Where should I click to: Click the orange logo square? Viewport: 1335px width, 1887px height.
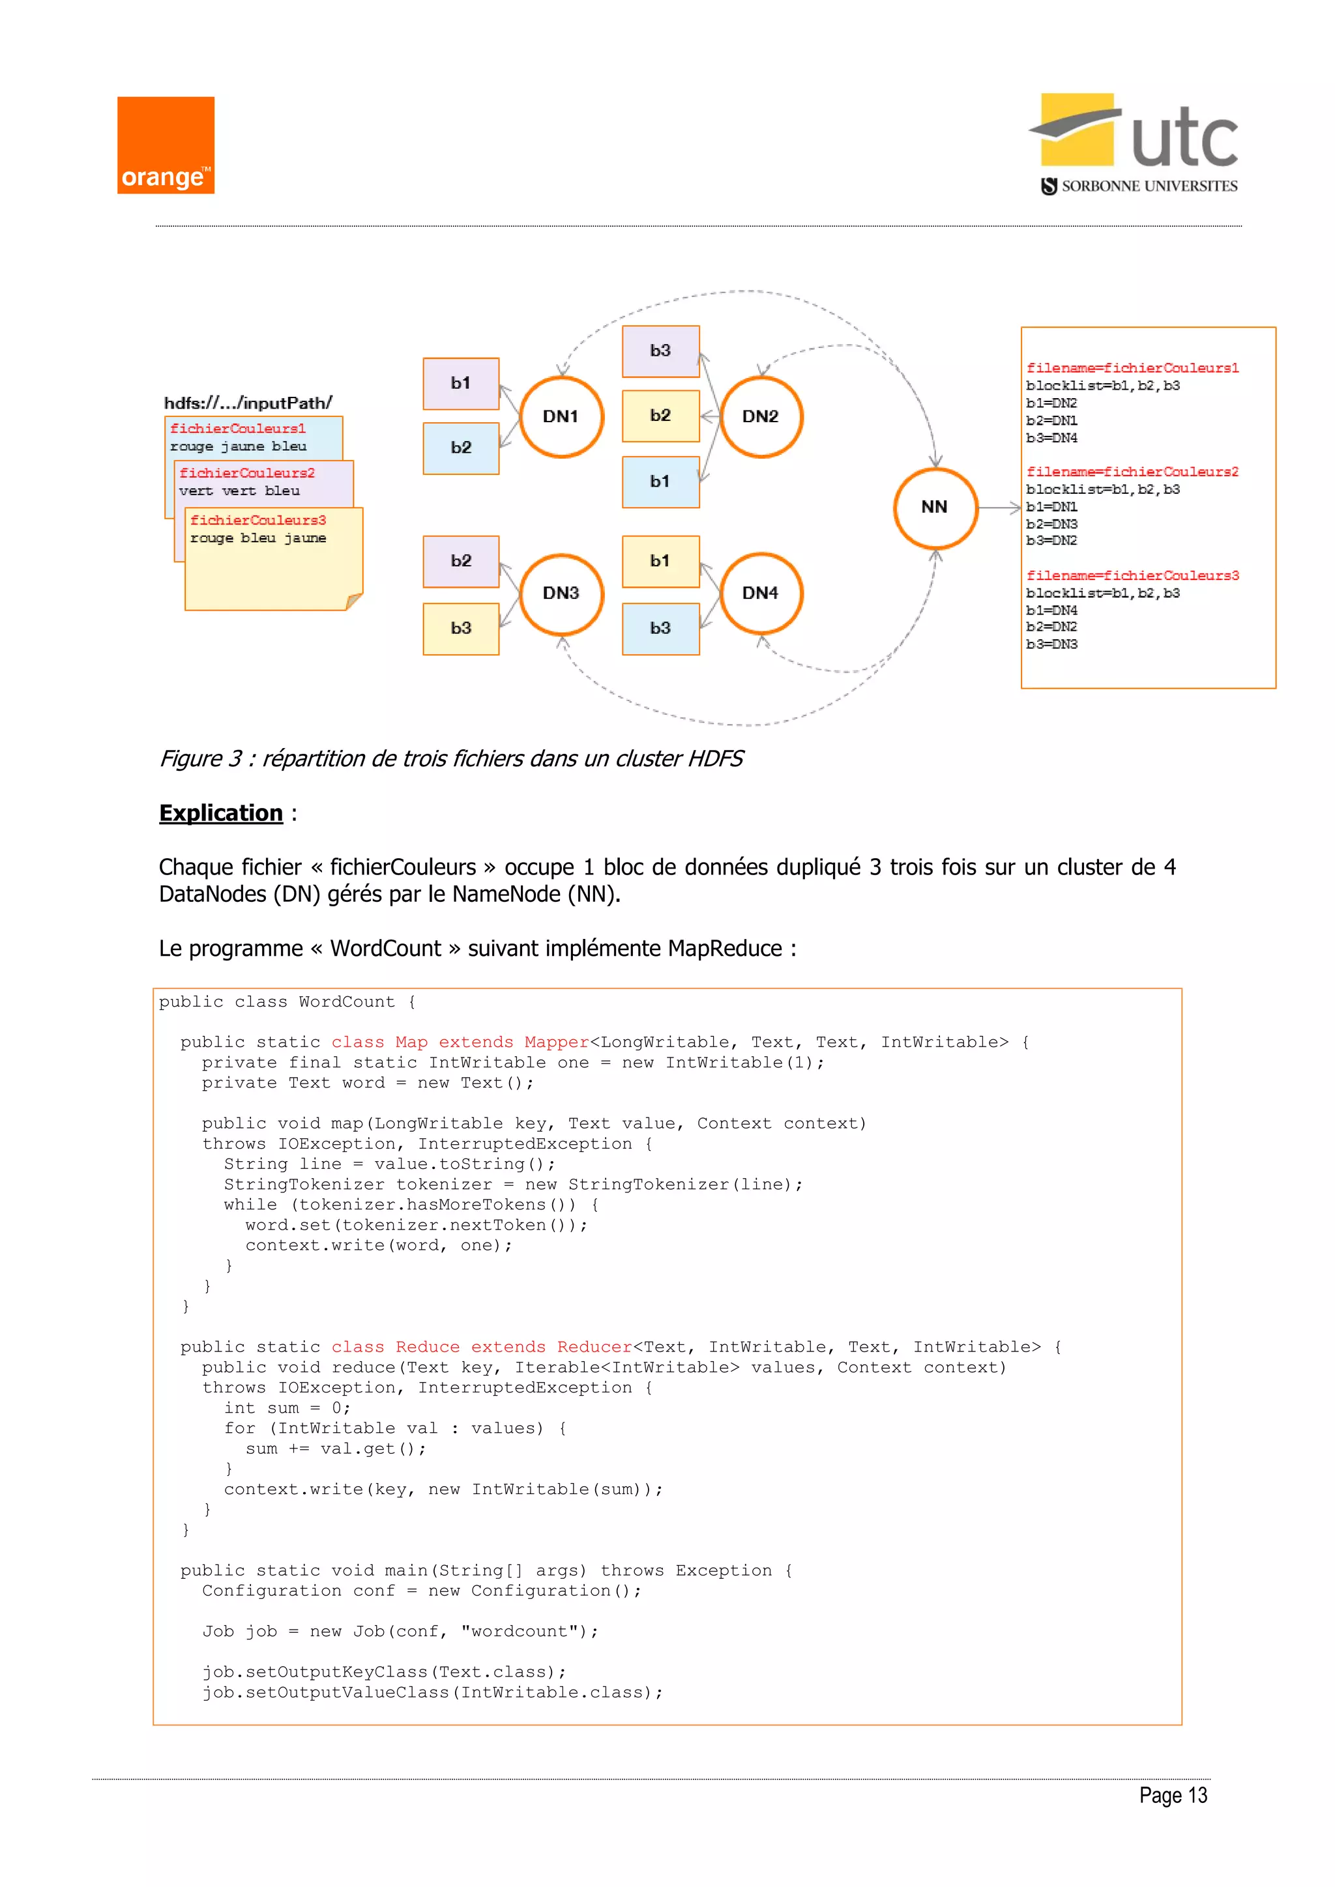165,145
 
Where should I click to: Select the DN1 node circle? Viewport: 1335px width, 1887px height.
561,416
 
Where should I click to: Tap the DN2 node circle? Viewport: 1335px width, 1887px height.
761,416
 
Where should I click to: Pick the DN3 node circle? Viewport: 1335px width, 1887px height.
561,594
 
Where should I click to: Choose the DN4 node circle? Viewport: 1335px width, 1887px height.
761,594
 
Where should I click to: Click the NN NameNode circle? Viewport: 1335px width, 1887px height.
935,507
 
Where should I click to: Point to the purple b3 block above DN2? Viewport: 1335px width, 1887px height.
660,351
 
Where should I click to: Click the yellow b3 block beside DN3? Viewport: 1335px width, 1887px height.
461,629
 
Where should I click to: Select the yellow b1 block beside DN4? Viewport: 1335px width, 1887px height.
660,561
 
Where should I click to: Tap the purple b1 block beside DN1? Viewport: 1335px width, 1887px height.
461,383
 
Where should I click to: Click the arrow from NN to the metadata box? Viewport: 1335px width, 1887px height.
999,508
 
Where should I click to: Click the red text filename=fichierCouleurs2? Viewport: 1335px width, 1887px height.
1132,472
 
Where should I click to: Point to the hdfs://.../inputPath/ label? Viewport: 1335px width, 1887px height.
248,403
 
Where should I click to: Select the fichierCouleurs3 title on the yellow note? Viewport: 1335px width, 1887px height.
258,520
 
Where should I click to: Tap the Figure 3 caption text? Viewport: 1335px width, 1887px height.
450,758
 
